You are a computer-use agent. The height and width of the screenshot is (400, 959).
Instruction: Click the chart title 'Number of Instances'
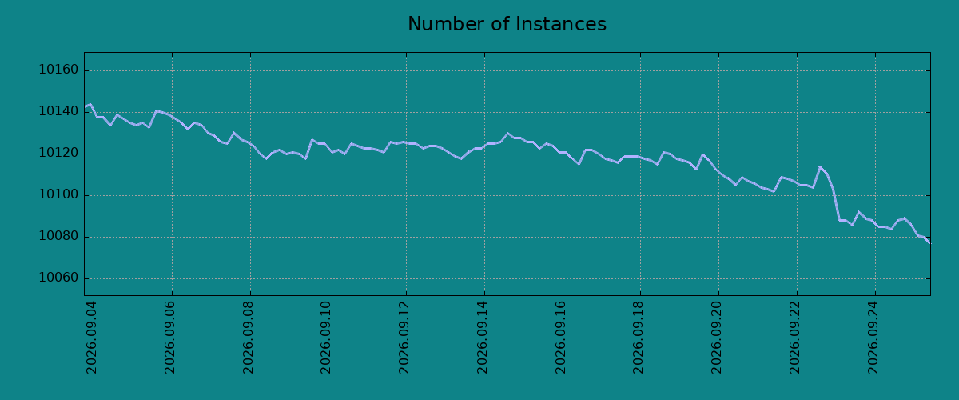coord(507,24)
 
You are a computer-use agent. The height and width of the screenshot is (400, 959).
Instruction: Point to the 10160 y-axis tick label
coord(58,70)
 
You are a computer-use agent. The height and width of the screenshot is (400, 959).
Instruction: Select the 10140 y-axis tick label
coord(58,111)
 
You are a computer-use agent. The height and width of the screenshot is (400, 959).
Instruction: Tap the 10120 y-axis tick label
coord(58,153)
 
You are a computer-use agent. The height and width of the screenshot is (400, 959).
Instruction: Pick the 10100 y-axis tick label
coord(58,194)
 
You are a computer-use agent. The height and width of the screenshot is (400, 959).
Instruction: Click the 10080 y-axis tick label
coord(58,236)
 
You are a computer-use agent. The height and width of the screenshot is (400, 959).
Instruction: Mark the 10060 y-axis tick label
coord(58,278)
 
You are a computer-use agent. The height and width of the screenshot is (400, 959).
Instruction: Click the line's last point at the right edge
coord(930,243)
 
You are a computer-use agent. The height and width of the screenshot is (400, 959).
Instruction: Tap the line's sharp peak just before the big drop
coord(820,167)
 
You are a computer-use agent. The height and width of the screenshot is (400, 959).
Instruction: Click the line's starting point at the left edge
coord(85,106)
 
